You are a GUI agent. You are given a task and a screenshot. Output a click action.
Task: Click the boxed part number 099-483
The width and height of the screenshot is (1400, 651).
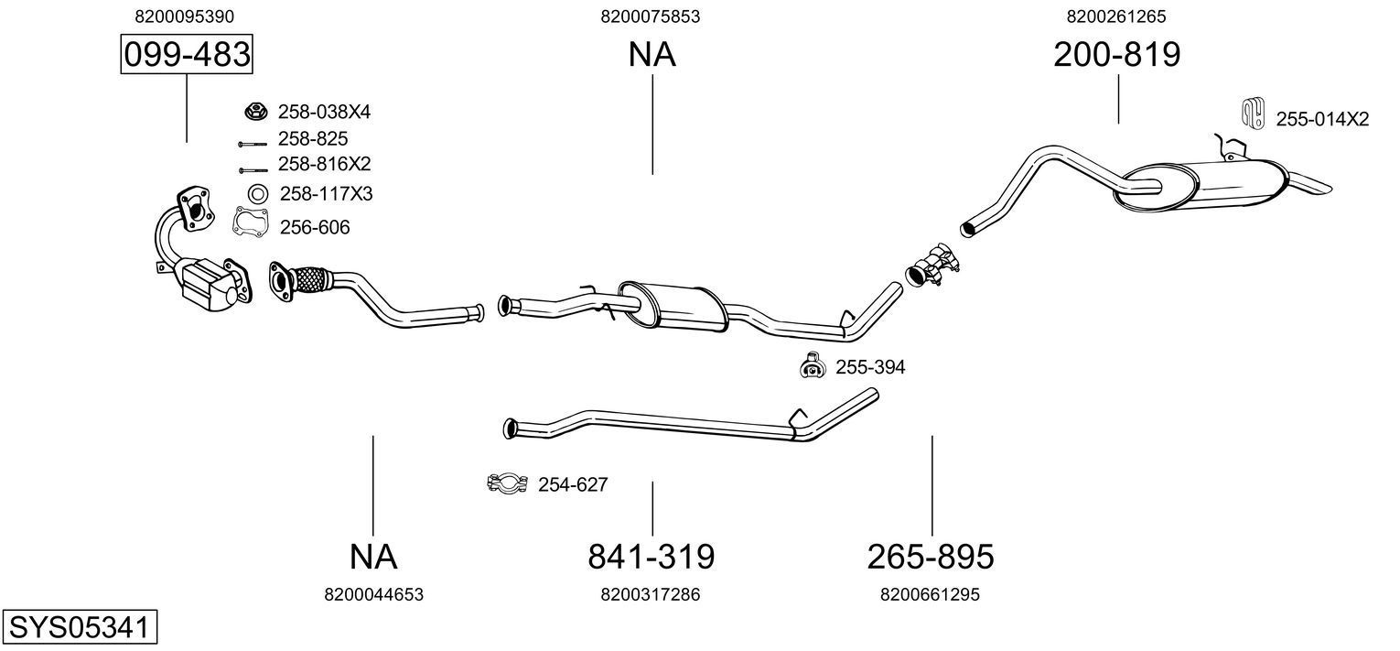[187, 55]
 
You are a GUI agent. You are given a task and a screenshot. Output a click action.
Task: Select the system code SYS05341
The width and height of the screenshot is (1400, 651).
[79, 628]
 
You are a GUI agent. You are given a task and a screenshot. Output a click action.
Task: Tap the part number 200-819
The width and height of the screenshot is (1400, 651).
[1116, 55]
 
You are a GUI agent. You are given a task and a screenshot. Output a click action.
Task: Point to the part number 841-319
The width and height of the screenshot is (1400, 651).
[651, 556]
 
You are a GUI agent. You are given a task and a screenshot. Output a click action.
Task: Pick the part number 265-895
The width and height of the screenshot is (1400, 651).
[931, 556]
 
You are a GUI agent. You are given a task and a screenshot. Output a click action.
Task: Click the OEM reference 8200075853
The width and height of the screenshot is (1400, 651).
[651, 16]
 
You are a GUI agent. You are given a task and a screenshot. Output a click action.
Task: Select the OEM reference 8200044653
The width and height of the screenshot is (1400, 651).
[373, 594]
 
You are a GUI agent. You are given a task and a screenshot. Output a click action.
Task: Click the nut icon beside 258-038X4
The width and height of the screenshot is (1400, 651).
[257, 112]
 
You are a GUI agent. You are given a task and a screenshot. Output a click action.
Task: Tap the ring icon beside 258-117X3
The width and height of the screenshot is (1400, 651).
[258, 193]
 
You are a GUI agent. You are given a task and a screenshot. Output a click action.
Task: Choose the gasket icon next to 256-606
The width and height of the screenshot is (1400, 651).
[250, 222]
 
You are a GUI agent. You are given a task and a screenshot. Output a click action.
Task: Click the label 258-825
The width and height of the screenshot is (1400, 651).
[313, 138]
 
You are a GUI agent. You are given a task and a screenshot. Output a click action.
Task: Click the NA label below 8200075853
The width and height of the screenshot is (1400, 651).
[652, 55]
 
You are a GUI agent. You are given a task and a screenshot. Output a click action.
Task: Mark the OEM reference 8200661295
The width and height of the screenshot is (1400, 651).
[930, 594]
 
